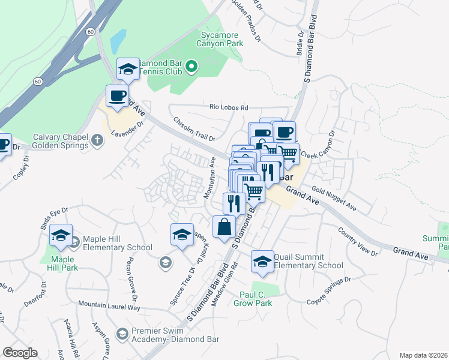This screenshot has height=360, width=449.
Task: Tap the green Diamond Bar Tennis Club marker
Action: coord(191,67)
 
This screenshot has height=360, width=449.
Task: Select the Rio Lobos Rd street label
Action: coord(228,107)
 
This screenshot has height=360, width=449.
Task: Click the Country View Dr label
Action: coord(357,241)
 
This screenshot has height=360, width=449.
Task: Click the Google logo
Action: coord(20,353)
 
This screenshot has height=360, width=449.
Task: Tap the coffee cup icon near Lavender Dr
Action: coord(117,95)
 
